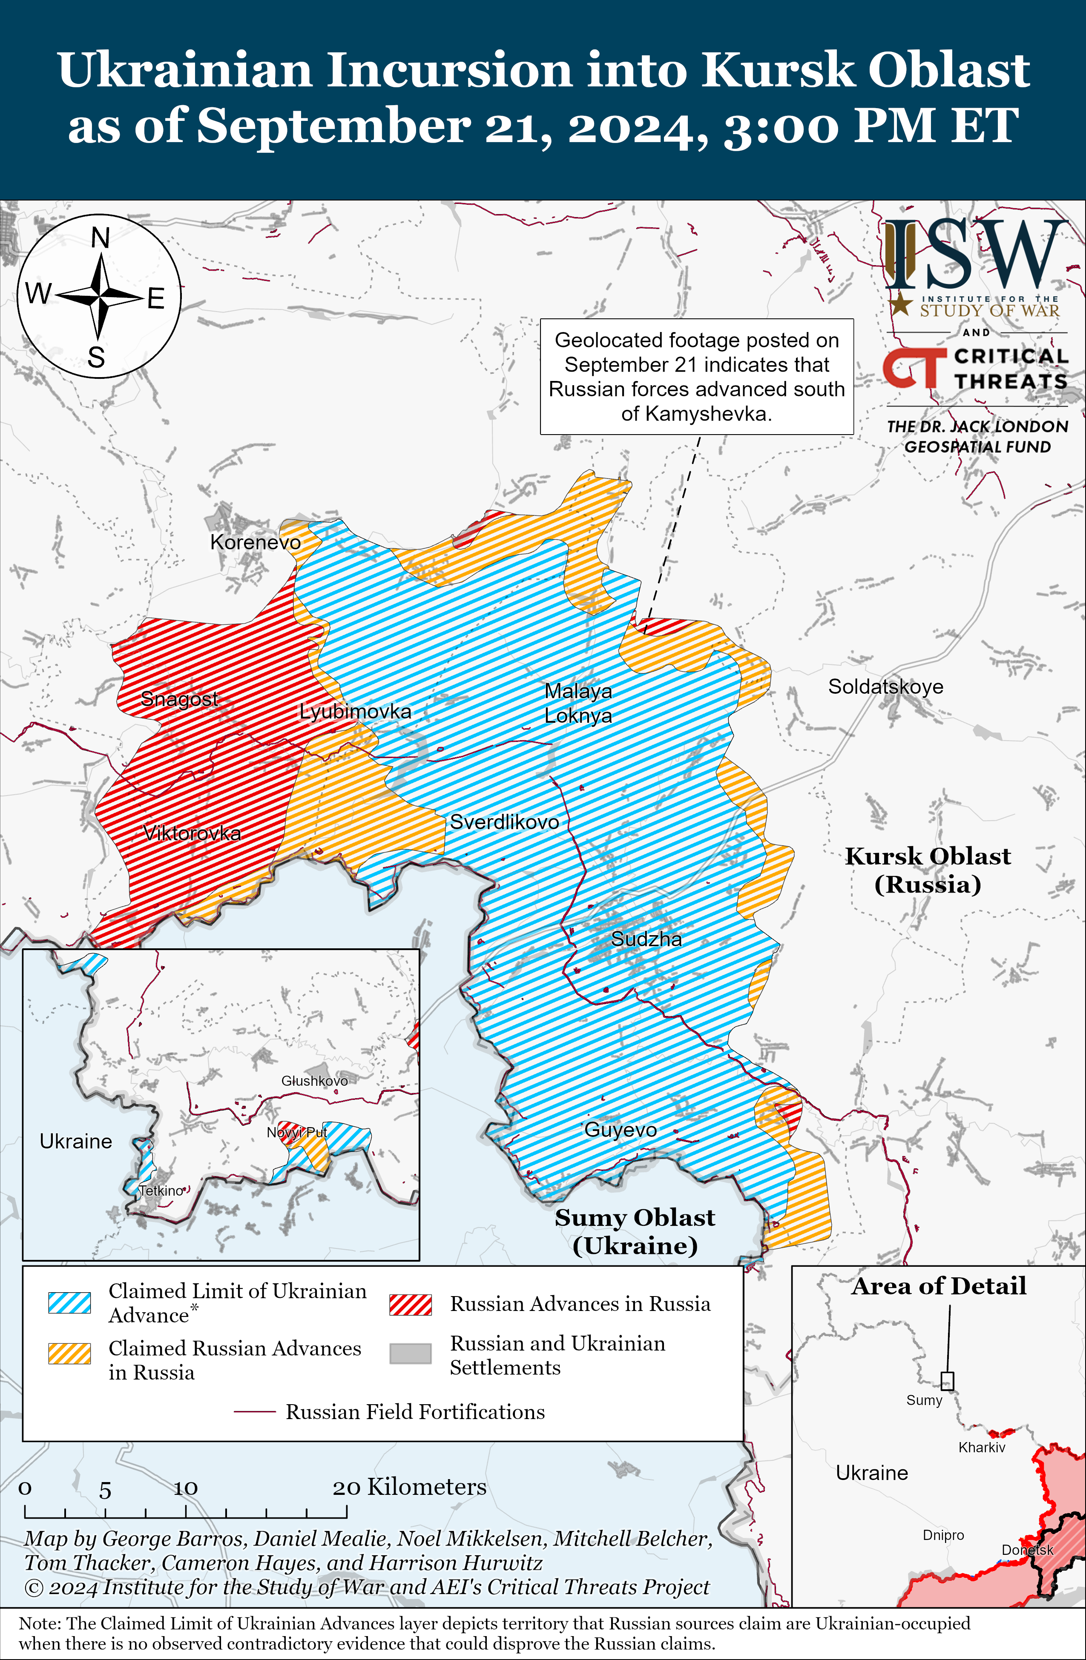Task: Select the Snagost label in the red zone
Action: [x=179, y=698]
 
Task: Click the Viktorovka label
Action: [x=192, y=833]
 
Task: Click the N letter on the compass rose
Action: [x=101, y=238]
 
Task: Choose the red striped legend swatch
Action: [x=411, y=1304]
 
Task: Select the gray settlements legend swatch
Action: [x=411, y=1354]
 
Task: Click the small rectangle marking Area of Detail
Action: [x=947, y=1381]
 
